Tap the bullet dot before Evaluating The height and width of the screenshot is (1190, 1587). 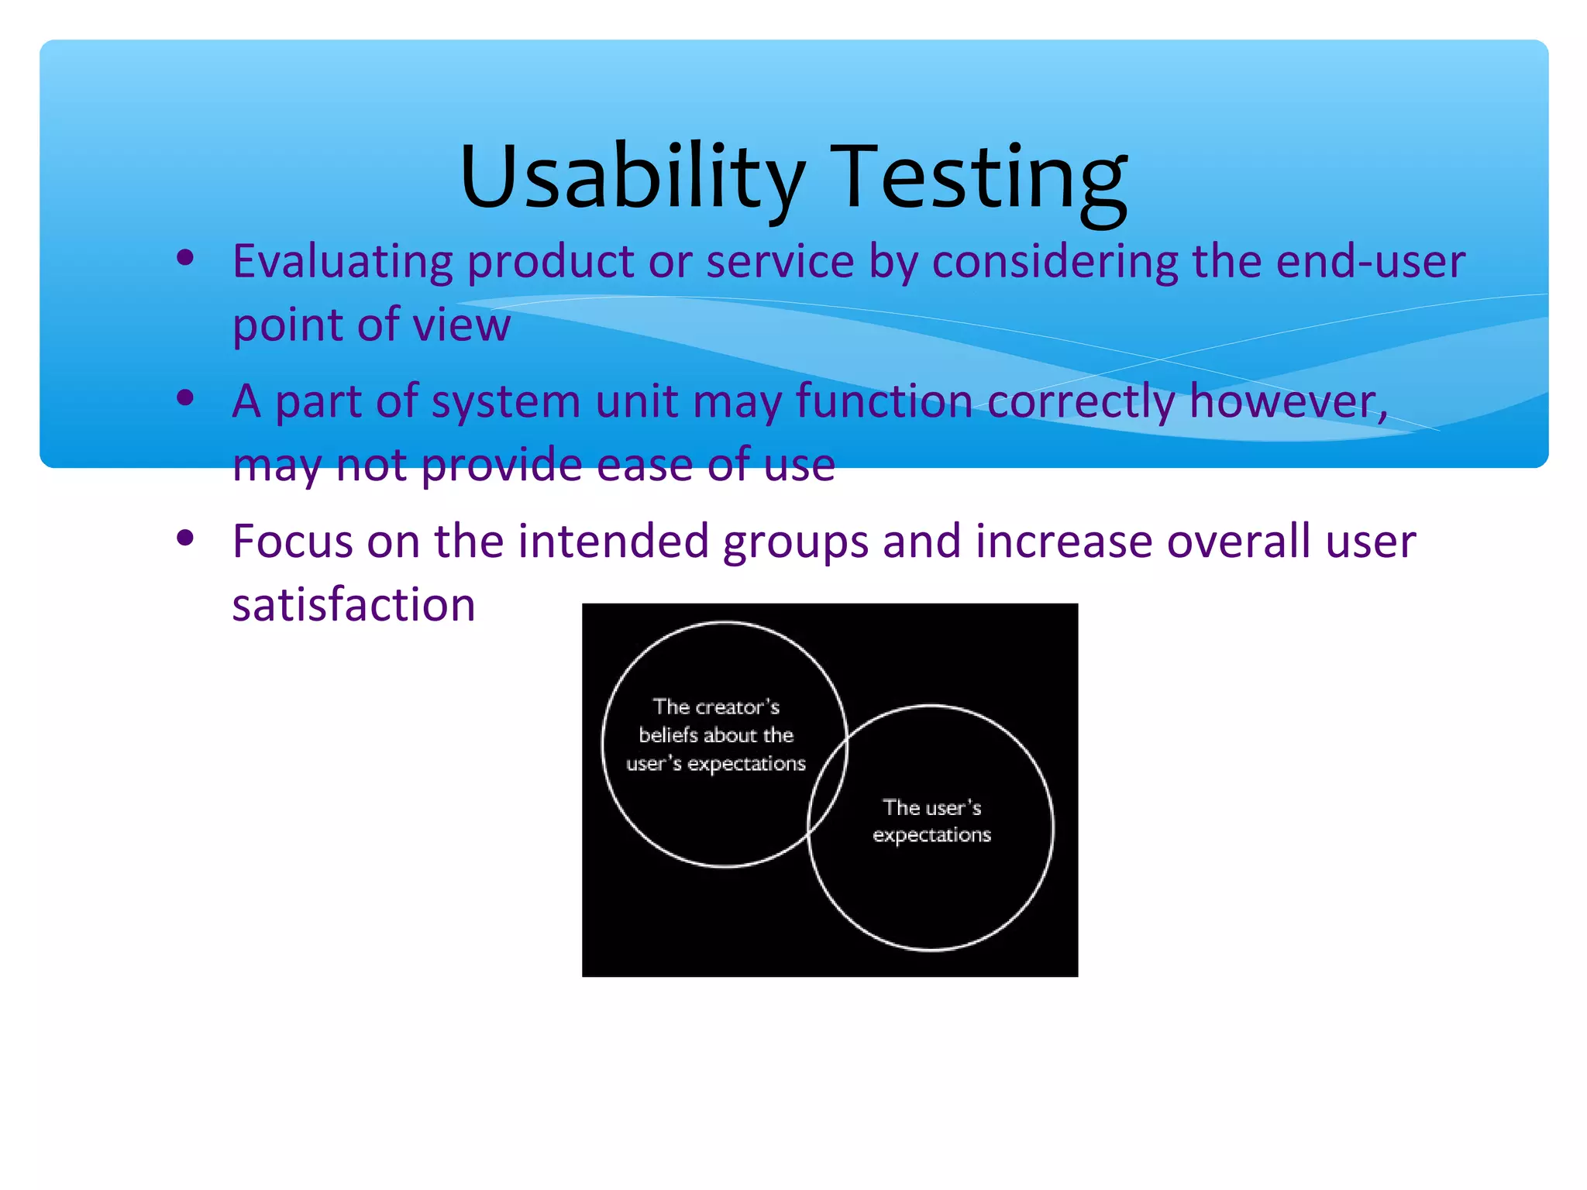(185, 258)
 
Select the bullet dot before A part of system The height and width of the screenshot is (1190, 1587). (185, 398)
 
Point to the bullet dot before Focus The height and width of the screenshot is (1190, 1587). (185, 538)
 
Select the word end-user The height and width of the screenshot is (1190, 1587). (1370, 261)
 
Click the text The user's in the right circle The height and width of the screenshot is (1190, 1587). (931, 807)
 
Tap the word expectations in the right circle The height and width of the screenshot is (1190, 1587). (931, 835)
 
